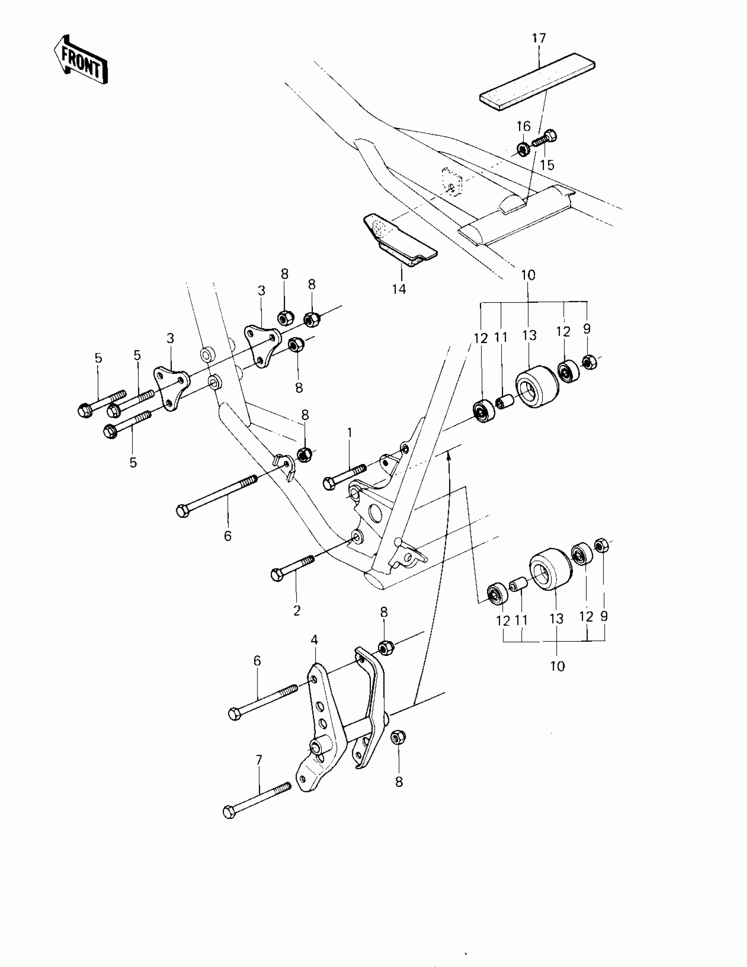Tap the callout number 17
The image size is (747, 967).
click(x=539, y=39)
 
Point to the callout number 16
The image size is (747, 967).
click(x=523, y=127)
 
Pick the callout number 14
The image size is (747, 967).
click(x=399, y=289)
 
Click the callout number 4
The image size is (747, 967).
click(x=314, y=639)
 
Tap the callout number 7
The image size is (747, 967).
click(x=259, y=760)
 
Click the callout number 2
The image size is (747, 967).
click(x=297, y=611)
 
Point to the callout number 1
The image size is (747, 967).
click(x=350, y=432)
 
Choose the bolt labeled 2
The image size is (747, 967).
click(x=292, y=568)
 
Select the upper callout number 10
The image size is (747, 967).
click(x=528, y=275)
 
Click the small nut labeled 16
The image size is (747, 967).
click(x=523, y=150)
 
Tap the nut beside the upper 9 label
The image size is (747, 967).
click(x=588, y=362)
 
